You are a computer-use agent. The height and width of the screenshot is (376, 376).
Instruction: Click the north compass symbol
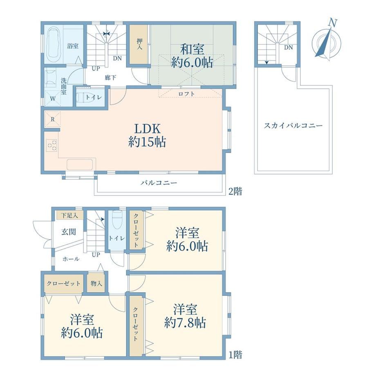click(x=327, y=41)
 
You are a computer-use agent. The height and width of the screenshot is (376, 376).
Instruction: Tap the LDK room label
click(x=147, y=129)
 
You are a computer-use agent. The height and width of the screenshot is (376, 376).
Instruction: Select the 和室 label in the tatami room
click(x=192, y=49)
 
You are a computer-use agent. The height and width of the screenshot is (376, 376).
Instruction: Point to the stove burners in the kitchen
click(x=52, y=145)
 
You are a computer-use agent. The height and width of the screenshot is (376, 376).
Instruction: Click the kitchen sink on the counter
click(x=80, y=164)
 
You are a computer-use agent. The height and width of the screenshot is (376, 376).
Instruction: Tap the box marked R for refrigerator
click(x=52, y=119)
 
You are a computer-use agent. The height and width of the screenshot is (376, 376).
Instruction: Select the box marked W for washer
click(x=53, y=98)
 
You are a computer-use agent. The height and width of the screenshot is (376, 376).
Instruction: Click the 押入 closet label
click(x=139, y=44)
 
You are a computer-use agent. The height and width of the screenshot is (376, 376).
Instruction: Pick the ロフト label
click(x=186, y=94)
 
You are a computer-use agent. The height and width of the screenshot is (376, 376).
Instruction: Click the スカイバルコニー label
click(x=293, y=125)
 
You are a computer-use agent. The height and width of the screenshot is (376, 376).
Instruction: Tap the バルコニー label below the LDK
click(x=159, y=183)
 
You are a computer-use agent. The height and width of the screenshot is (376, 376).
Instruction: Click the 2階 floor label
click(x=235, y=191)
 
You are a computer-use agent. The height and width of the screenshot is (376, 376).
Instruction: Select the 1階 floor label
click(x=235, y=355)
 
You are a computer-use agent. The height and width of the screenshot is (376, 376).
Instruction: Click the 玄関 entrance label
click(x=69, y=232)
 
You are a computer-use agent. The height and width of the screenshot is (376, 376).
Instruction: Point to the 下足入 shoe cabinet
click(x=70, y=215)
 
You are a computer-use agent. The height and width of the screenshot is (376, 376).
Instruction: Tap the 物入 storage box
click(x=96, y=284)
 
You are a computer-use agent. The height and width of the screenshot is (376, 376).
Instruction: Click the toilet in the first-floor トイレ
click(x=117, y=220)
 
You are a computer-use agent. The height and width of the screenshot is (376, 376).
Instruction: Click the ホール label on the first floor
click(x=71, y=259)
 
